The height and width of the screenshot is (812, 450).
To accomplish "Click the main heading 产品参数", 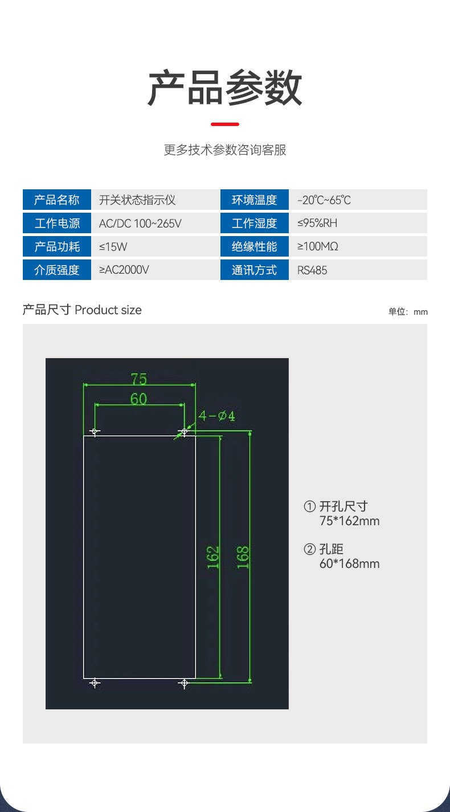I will pyautogui.click(x=225, y=88).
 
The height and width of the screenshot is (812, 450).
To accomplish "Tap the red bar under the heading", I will pyautogui.click(x=225, y=124).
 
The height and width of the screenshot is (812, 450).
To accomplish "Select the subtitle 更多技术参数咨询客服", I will pyautogui.click(x=225, y=150).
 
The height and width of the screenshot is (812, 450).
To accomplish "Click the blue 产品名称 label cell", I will pyautogui.click(x=57, y=200).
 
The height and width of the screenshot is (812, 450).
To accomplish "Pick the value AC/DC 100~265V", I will pyautogui.click(x=140, y=224).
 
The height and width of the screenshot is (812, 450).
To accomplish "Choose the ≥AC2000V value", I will pyautogui.click(x=124, y=270).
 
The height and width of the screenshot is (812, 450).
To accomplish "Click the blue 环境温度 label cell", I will pyautogui.click(x=254, y=200).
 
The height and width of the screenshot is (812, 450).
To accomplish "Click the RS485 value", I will pyautogui.click(x=312, y=270).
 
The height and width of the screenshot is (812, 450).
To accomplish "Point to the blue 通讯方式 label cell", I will pyautogui.click(x=254, y=270).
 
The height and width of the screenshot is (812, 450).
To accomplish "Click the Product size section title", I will pyautogui.click(x=82, y=310).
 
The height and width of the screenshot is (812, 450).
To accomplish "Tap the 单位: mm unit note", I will pyautogui.click(x=408, y=312).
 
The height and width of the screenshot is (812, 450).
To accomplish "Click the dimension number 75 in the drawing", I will pyautogui.click(x=139, y=379).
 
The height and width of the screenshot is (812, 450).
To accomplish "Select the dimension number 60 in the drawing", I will pyautogui.click(x=138, y=399).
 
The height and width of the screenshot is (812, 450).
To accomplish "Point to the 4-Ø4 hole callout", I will pyautogui.click(x=216, y=416).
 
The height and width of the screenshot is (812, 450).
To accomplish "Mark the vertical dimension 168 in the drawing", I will pyautogui.click(x=243, y=557).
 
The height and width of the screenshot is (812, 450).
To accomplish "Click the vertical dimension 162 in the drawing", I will pyautogui.click(x=212, y=557).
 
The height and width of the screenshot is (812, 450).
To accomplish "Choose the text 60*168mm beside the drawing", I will pyautogui.click(x=349, y=564).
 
